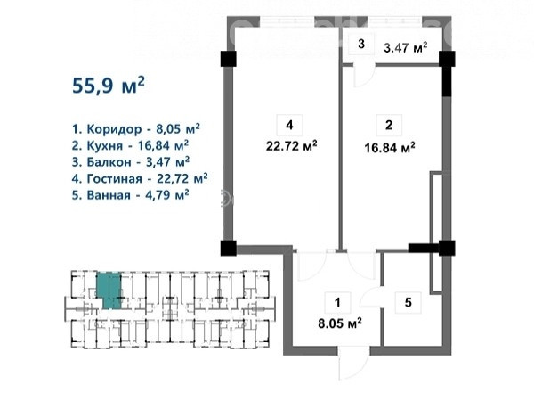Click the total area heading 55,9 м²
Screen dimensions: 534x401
[x=109, y=85]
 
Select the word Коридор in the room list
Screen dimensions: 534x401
[x=114, y=129]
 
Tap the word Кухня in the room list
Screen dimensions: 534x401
[x=104, y=146]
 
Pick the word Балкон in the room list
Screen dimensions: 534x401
[x=109, y=162]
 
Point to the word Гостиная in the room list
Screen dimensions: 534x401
[x=115, y=178]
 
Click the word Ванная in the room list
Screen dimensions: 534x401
[x=109, y=195]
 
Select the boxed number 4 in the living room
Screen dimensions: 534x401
[x=290, y=125]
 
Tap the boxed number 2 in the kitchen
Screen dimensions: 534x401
[x=389, y=125]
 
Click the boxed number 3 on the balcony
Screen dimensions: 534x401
[x=361, y=44]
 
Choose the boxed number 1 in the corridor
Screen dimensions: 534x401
[x=337, y=302]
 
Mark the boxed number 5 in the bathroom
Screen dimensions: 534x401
[x=408, y=302]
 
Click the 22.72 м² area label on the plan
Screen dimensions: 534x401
[x=292, y=146]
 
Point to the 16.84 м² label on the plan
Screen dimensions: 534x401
[x=390, y=148]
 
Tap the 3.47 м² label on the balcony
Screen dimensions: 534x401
[x=406, y=47]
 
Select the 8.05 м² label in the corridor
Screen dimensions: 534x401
[x=340, y=323]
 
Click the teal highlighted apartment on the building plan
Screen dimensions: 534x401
[x=109, y=291]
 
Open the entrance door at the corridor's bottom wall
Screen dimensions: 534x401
[x=354, y=364]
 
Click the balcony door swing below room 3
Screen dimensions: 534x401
[x=364, y=76]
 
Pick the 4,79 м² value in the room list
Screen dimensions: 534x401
[x=162, y=194]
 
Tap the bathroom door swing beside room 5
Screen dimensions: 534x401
[x=372, y=298]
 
